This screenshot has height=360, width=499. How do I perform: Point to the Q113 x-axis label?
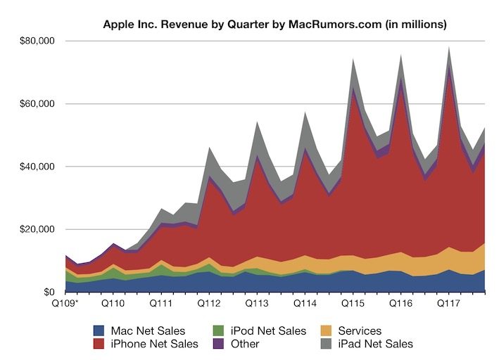click(258, 304)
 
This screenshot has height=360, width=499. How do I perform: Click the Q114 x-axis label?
click(305, 304)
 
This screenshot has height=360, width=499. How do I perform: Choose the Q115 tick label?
click(353, 304)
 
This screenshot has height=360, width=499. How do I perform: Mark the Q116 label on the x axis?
click(401, 304)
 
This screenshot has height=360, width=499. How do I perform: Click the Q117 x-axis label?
click(449, 304)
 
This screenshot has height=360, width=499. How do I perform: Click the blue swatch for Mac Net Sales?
click(99, 330)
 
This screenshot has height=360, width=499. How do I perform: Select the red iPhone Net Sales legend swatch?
click(99, 344)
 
